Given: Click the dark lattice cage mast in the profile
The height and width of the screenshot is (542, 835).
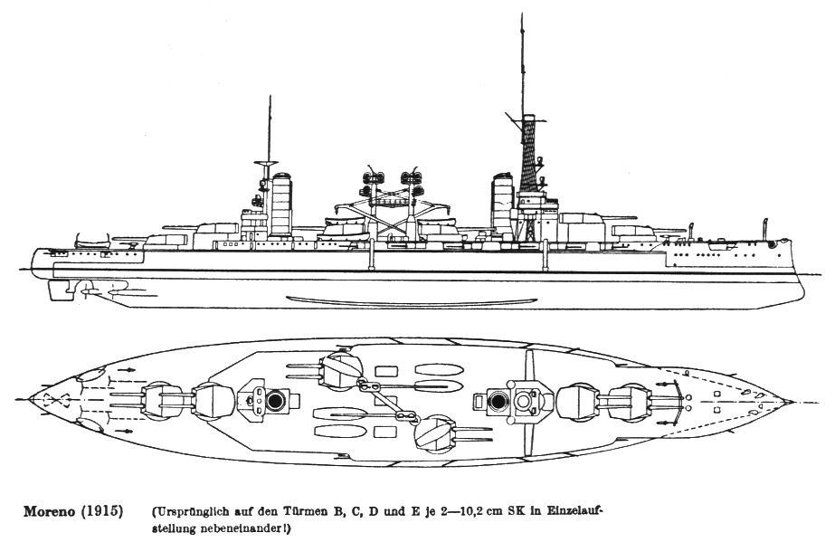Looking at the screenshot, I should (527, 158).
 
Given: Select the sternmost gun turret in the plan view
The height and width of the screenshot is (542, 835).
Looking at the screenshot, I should (162, 399).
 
